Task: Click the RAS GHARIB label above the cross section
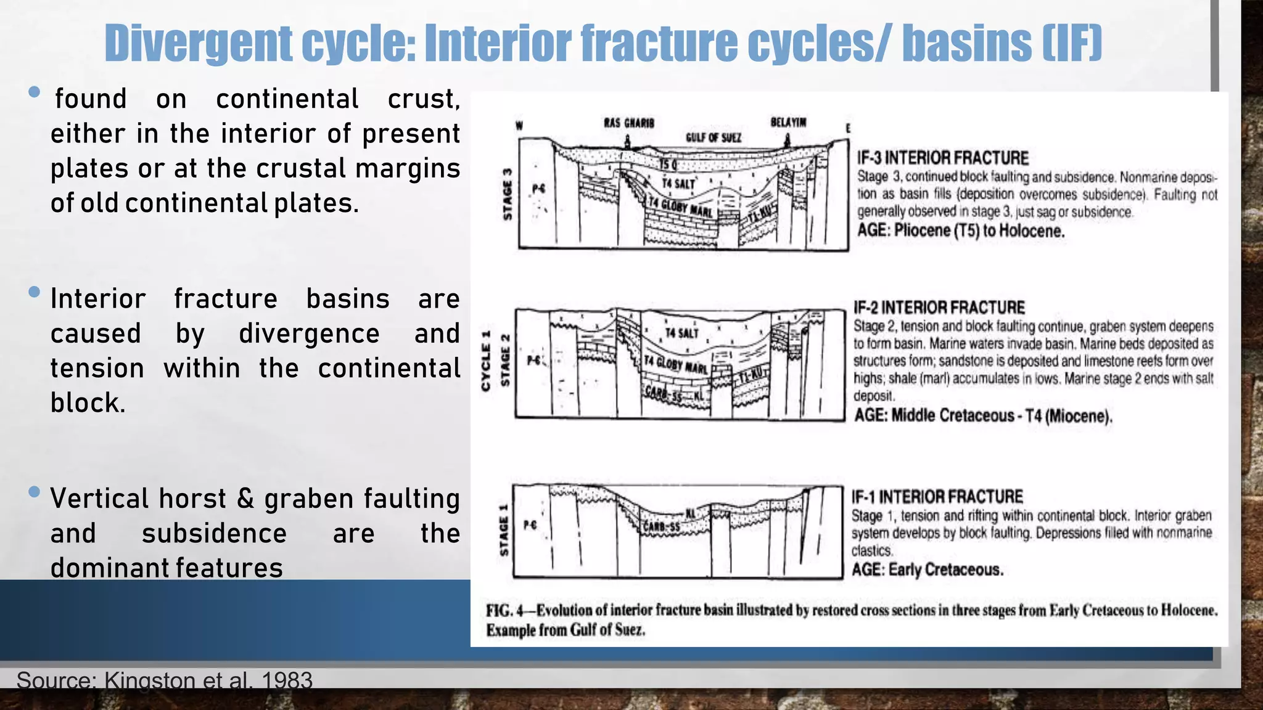pos(628,123)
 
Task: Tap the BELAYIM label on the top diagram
pos(788,122)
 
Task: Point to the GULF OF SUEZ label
pos(713,137)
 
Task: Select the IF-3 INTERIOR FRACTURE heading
pos(942,158)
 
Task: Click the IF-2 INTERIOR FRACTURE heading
pos(939,308)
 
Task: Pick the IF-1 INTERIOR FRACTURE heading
pos(937,497)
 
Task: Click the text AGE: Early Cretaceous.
pos(927,569)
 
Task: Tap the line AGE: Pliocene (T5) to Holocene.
pos(960,231)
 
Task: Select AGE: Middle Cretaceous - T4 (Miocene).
pos(982,416)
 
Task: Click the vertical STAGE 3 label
pos(508,194)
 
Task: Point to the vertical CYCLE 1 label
pos(486,361)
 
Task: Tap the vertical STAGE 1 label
pos(504,530)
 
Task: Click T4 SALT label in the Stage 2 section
pos(681,333)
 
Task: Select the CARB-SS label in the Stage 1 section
pos(662,527)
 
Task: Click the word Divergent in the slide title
pos(198,43)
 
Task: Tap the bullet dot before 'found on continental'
pos(35,92)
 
